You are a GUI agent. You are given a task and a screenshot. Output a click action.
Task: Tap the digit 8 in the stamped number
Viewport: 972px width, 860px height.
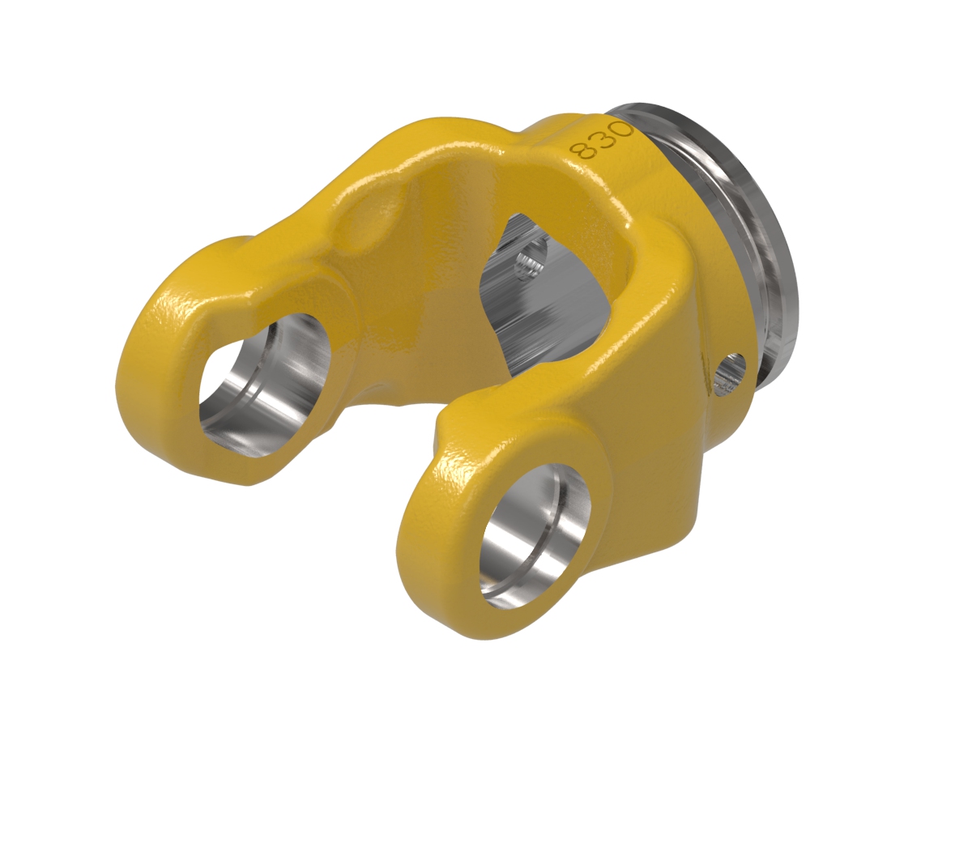tap(582, 149)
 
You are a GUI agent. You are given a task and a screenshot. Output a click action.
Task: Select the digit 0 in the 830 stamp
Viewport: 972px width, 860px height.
tap(621, 130)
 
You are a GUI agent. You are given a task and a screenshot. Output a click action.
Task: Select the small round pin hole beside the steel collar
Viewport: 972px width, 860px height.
tap(730, 373)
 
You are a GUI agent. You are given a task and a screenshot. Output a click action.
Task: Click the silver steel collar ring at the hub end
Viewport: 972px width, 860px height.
tap(729, 230)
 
